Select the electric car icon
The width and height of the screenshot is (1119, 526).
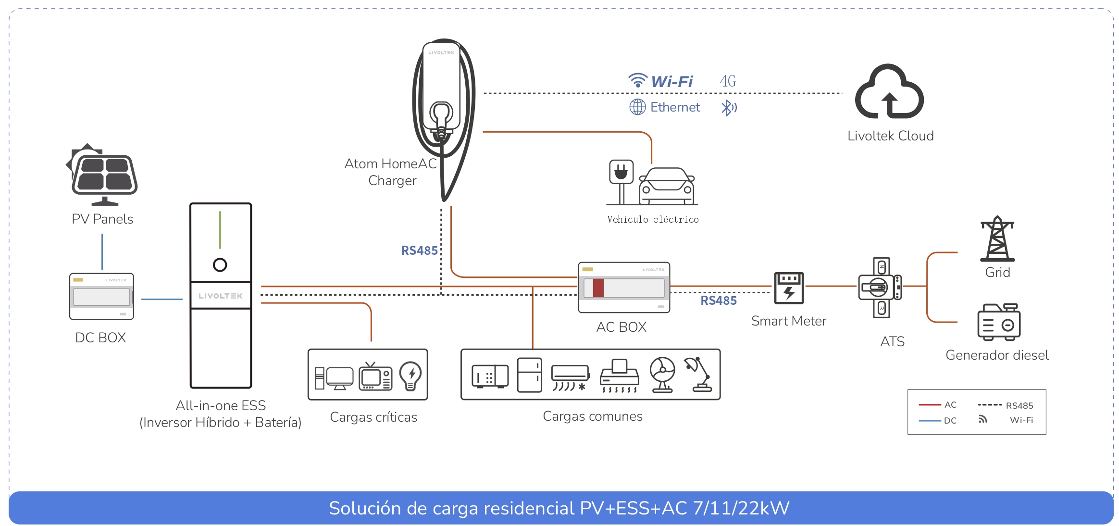click(x=667, y=187)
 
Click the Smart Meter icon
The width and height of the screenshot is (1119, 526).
click(x=788, y=288)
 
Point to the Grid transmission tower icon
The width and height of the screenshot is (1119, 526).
click(x=997, y=239)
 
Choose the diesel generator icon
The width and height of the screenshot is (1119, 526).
click(x=998, y=322)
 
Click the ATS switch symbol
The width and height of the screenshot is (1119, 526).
click(x=880, y=288)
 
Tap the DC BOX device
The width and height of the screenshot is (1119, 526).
click(x=101, y=296)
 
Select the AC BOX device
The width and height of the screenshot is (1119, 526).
click(x=624, y=288)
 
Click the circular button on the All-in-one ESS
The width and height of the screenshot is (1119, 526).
click(x=220, y=264)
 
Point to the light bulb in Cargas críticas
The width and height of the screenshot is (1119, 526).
click(x=410, y=376)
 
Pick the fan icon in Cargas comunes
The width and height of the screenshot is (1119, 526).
click(x=662, y=375)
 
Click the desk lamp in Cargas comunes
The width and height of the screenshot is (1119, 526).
click(x=699, y=374)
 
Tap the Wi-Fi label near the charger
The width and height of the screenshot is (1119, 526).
click(x=671, y=82)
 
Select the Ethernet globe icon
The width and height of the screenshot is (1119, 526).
click(x=637, y=107)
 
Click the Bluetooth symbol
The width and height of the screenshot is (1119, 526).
click(x=728, y=108)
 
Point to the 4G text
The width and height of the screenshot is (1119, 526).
click(x=728, y=81)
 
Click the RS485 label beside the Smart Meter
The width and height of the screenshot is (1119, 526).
click(x=718, y=301)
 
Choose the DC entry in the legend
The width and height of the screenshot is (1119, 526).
click(x=950, y=421)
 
